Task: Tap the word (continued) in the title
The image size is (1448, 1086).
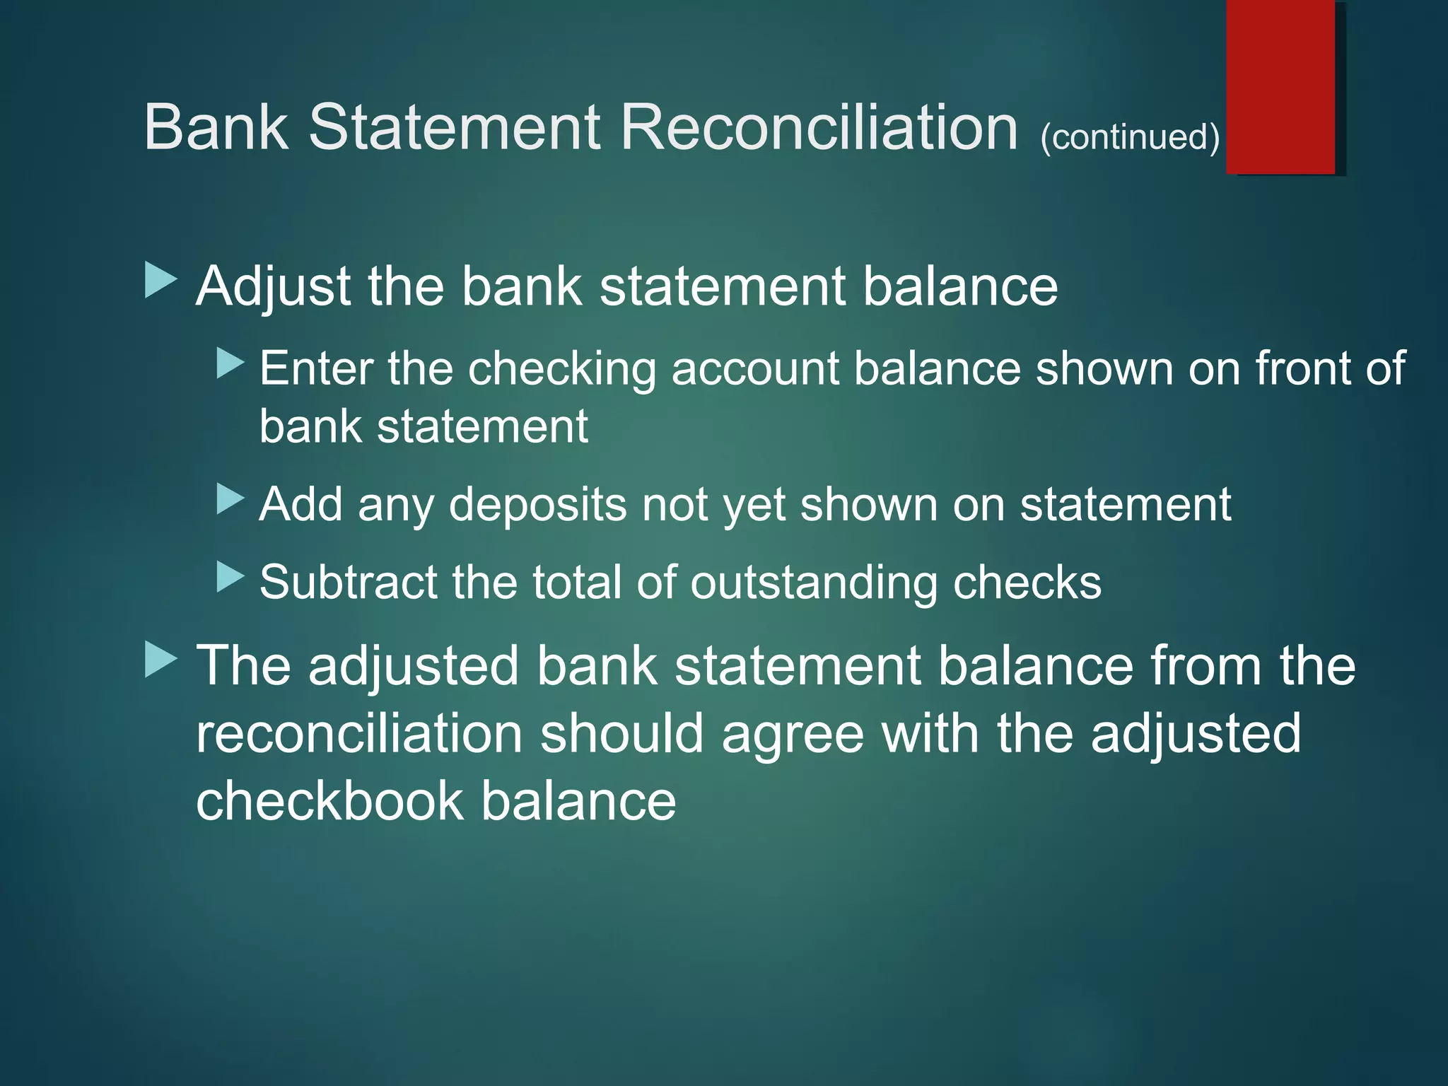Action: tap(1129, 137)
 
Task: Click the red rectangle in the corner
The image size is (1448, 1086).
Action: tap(1280, 86)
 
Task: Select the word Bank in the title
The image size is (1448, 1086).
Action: tap(216, 127)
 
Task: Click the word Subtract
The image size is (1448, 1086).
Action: tap(348, 582)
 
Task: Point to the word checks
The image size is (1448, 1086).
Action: tap(1027, 582)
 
